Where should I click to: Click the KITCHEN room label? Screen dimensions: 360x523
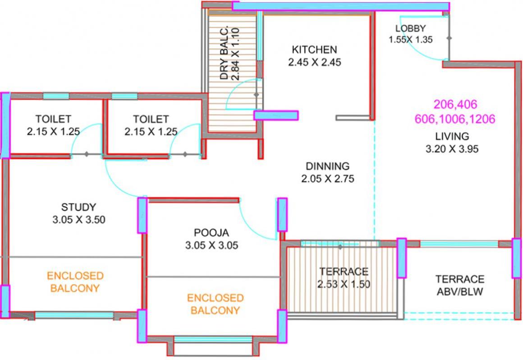pyautogui.click(x=314, y=49)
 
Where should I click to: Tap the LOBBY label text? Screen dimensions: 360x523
pyautogui.click(x=410, y=29)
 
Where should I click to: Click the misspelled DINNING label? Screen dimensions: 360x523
pyautogui.click(x=327, y=166)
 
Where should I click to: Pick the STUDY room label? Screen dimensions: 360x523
pyautogui.click(x=78, y=207)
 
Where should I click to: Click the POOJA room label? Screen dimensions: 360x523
pyautogui.click(x=211, y=233)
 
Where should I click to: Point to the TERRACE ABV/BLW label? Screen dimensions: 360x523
pyautogui.click(x=459, y=285)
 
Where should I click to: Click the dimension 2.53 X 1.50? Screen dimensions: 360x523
pyautogui.click(x=344, y=285)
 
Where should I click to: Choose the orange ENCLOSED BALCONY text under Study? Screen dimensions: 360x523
pyautogui.click(x=75, y=282)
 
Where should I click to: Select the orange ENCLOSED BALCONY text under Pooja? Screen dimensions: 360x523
pyautogui.click(x=215, y=304)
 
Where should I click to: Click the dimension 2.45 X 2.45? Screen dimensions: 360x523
pyautogui.click(x=314, y=62)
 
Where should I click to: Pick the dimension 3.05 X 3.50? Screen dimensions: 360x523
pyautogui.click(x=78, y=220)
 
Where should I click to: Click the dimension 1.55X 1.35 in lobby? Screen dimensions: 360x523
pyautogui.click(x=410, y=40)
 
